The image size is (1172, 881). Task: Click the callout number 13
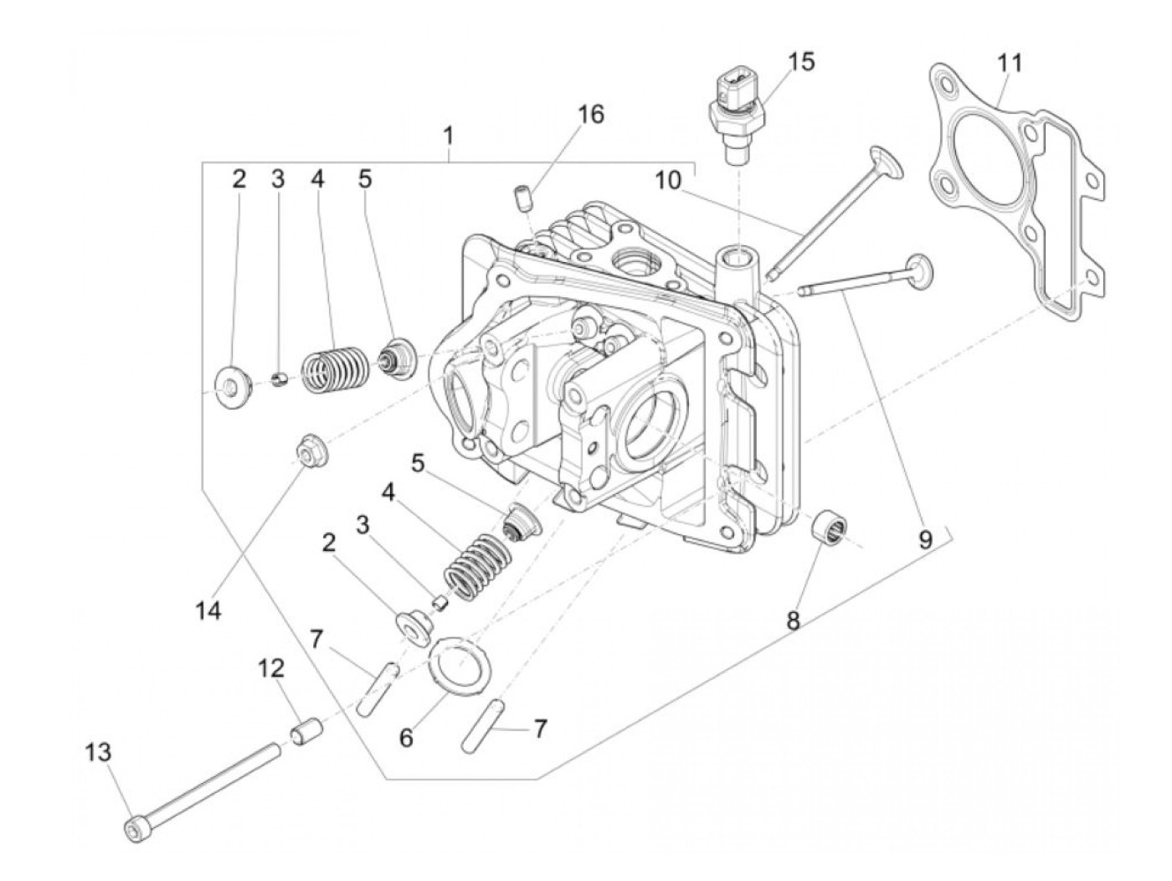tap(98, 753)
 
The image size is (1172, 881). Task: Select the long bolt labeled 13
tap(205, 788)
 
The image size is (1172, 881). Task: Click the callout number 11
tap(1010, 64)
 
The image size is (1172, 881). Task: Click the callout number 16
tap(590, 114)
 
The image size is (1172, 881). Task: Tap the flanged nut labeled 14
tap(311, 450)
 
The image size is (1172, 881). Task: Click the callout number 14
tap(208, 611)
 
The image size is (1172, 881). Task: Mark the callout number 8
tap(793, 621)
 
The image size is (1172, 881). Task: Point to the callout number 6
tap(407, 738)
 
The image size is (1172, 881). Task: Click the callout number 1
tap(449, 135)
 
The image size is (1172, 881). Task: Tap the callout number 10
tap(669, 179)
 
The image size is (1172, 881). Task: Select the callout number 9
tap(924, 539)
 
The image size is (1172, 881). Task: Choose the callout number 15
tap(800, 62)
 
